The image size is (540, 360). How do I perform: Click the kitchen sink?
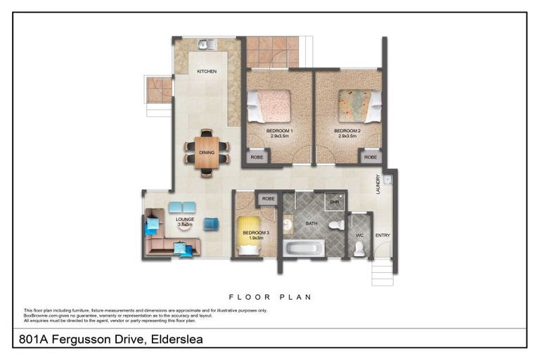(204, 45)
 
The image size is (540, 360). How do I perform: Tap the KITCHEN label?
(207, 71)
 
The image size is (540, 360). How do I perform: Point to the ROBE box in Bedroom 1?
(257, 157)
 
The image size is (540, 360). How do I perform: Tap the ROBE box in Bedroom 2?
(371, 157)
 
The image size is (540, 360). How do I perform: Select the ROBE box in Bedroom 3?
(268, 199)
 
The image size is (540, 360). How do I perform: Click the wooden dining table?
(207, 152)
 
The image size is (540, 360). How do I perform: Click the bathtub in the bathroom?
(304, 248)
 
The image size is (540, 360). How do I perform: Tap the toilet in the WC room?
(359, 247)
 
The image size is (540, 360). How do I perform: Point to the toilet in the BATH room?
(337, 225)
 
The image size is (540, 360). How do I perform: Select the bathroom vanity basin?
(288, 225)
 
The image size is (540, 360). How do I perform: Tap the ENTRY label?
(382, 235)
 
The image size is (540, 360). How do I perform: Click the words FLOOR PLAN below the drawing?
(270, 297)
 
